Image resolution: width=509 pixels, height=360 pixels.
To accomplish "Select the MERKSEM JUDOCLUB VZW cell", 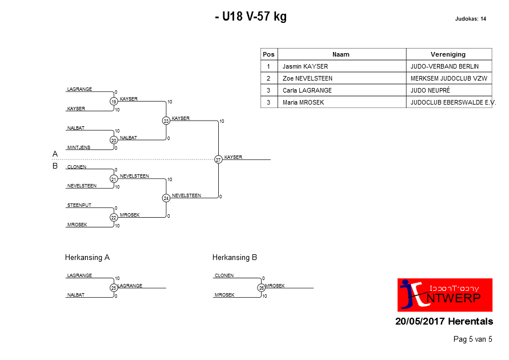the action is tap(449, 78).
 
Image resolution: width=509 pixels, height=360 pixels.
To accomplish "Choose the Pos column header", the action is tap(269, 54).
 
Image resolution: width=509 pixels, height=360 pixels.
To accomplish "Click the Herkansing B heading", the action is tap(235, 257).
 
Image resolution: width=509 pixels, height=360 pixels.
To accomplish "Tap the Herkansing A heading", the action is tap(87, 257).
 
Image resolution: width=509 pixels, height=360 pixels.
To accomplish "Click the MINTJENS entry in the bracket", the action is tap(79, 147).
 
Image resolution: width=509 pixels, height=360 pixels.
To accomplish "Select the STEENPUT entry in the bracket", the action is tap(79, 205).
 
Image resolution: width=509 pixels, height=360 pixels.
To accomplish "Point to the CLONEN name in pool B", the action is tap(77, 167).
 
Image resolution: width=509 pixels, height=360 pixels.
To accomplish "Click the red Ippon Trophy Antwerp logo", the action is tap(444, 295).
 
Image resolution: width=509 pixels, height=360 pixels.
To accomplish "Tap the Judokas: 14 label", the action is tap(470, 19).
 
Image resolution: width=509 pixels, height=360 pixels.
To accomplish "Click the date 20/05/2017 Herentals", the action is tap(444, 321).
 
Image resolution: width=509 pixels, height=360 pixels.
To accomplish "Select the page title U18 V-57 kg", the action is tap(251, 16).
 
